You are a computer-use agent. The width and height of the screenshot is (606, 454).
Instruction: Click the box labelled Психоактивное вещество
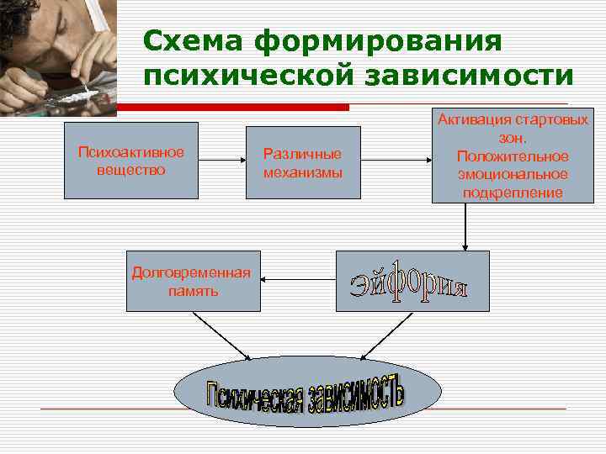tap(131, 161)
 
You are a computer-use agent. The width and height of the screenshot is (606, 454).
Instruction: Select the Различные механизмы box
tap(303, 162)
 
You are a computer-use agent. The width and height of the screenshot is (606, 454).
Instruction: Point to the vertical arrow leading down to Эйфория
tap(465, 227)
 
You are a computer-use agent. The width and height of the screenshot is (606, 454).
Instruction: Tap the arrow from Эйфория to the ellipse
tap(386, 335)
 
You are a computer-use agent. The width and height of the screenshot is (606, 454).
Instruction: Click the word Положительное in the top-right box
tap(513, 156)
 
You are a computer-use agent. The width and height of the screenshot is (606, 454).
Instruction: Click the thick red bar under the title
tap(232, 108)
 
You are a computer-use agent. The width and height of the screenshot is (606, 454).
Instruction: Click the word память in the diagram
tap(192, 291)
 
